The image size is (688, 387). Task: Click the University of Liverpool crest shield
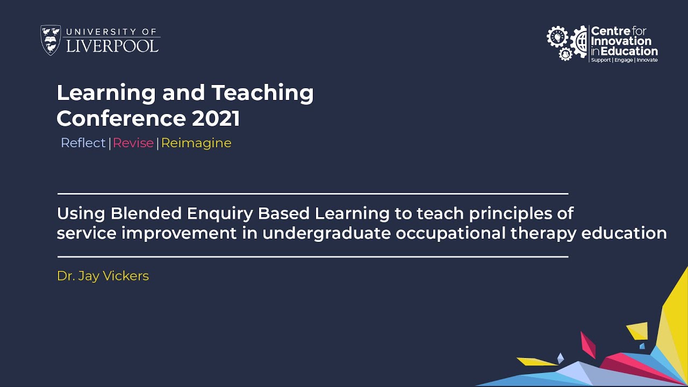[x=51, y=40]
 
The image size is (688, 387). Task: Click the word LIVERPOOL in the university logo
[x=112, y=45]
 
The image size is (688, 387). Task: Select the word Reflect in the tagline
[x=83, y=143]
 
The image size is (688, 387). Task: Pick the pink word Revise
[x=133, y=143]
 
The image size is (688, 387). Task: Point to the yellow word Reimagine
[x=196, y=143]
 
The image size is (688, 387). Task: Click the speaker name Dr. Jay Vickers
[x=103, y=276]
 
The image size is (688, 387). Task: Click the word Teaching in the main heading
[x=262, y=93]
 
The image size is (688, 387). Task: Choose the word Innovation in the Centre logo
[x=621, y=41]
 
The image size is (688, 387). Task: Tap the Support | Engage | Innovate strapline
[x=624, y=60]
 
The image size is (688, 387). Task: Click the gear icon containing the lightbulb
[x=557, y=37]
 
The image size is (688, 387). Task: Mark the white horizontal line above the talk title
[x=312, y=193]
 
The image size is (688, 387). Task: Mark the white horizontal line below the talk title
[x=312, y=257]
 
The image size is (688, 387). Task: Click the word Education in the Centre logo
[x=629, y=51]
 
